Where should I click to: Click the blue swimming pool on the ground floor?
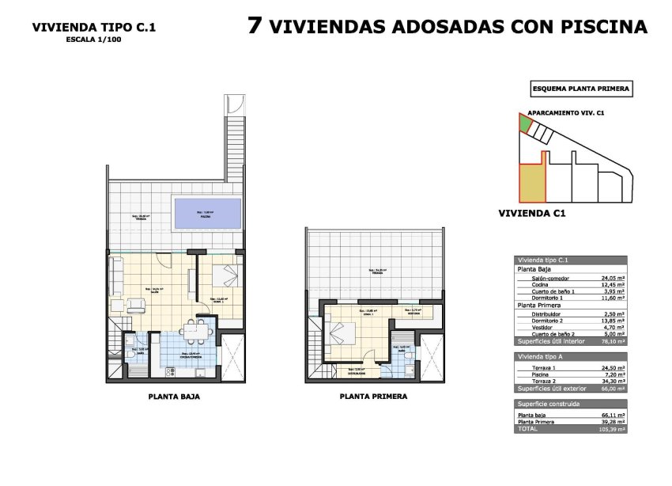coord(208,212)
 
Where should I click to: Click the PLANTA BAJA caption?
coord(174,397)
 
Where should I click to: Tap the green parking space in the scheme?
coord(524,123)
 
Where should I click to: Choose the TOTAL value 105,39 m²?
coord(611,428)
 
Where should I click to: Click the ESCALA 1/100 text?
coord(93,40)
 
